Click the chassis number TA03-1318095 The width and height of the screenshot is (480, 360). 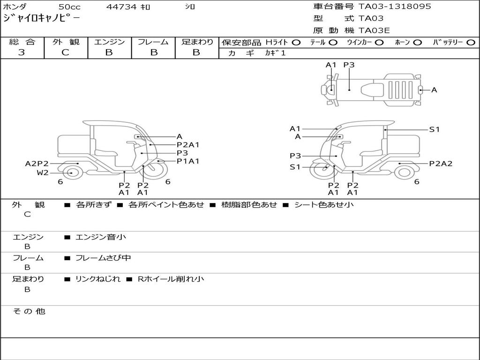click(395, 7)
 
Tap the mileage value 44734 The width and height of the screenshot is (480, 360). click(121, 7)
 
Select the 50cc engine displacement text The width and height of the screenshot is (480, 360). click(69, 7)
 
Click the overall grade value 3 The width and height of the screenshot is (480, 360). click(22, 52)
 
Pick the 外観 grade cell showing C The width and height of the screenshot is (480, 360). click(65, 52)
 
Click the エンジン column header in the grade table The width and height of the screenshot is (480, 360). click(109, 42)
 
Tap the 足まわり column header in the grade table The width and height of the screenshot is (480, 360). click(197, 42)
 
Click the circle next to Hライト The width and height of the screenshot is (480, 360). click(296, 42)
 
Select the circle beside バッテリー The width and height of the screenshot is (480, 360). click(471, 42)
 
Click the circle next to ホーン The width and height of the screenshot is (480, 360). click(417, 42)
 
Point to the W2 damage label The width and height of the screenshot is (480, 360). click(43, 172)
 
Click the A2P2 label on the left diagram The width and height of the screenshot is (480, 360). click(37, 164)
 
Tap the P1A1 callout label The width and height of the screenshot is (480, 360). click(188, 161)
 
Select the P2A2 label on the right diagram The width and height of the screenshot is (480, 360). click(441, 164)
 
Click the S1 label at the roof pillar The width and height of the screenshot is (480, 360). click(435, 129)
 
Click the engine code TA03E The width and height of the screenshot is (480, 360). click(374, 31)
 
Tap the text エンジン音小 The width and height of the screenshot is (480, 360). click(101, 237)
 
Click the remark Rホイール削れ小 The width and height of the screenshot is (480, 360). click(171, 279)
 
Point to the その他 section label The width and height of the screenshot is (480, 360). click(29, 311)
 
